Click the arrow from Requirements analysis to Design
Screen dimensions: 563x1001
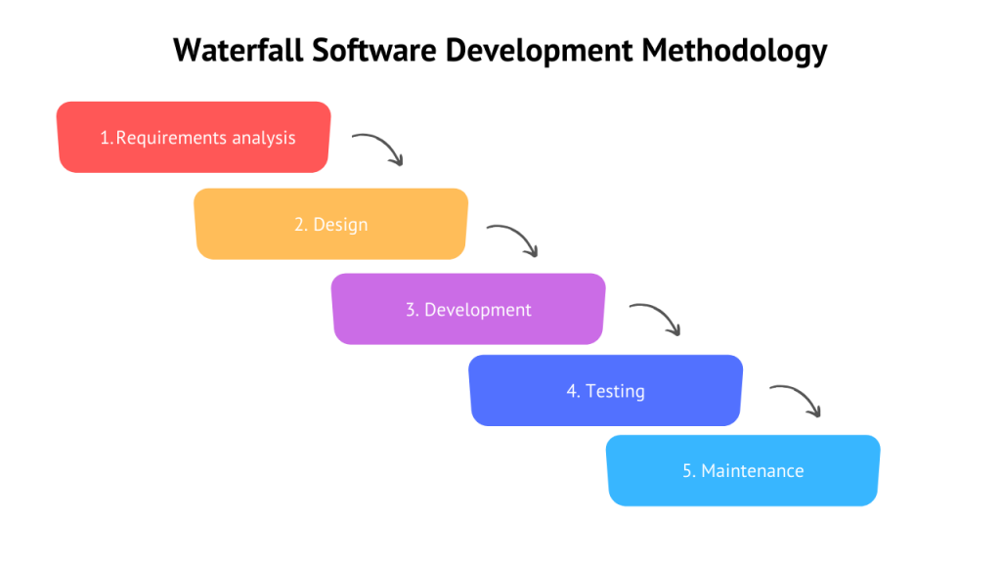[x=378, y=148]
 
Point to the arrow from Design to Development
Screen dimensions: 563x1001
[x=514, y=238]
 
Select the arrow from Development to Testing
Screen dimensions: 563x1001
[x=655, y=319]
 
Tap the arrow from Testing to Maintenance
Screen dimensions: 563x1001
[x=796, y=400]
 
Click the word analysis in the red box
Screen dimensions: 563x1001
[x=263, y=138]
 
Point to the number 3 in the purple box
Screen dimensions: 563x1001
[x=411, y=310]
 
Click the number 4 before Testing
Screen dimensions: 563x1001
[x=572, y=391]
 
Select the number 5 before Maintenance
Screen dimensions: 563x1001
[x=687, y=471]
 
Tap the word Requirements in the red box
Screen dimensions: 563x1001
[x=171, y=138]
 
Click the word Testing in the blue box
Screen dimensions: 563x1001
[x=615, y=391]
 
